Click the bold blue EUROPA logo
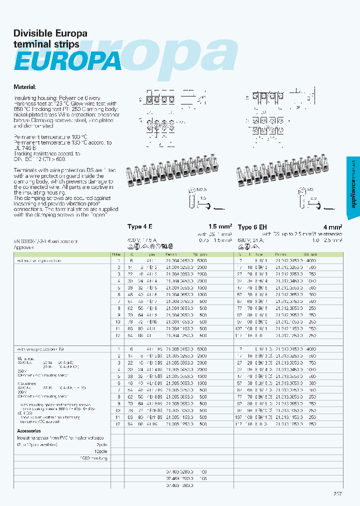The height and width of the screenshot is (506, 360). [67, 61]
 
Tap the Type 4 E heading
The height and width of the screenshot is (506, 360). [141, 226]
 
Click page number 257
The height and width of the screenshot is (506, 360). [337, 493]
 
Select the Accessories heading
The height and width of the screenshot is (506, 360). [29, 430]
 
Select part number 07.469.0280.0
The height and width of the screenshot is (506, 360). [179, 471]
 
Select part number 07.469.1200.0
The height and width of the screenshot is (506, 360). [179, 478]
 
